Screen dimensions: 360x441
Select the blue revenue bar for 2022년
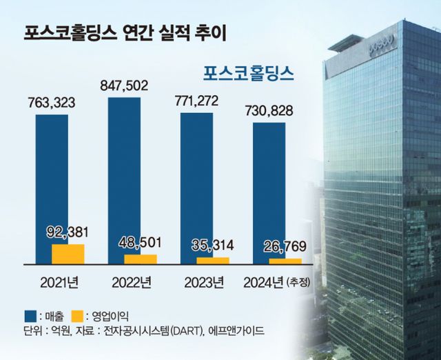(125, 172)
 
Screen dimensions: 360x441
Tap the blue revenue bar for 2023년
(196, 183)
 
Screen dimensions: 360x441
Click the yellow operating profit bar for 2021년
(68, 253)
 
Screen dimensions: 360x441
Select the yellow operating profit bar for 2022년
(141, 259)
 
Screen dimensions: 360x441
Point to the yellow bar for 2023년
(213, 260)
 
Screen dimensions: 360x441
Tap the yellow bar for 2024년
(285, 261)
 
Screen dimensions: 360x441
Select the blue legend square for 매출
(20, 314)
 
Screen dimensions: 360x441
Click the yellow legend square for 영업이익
(77, 314)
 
